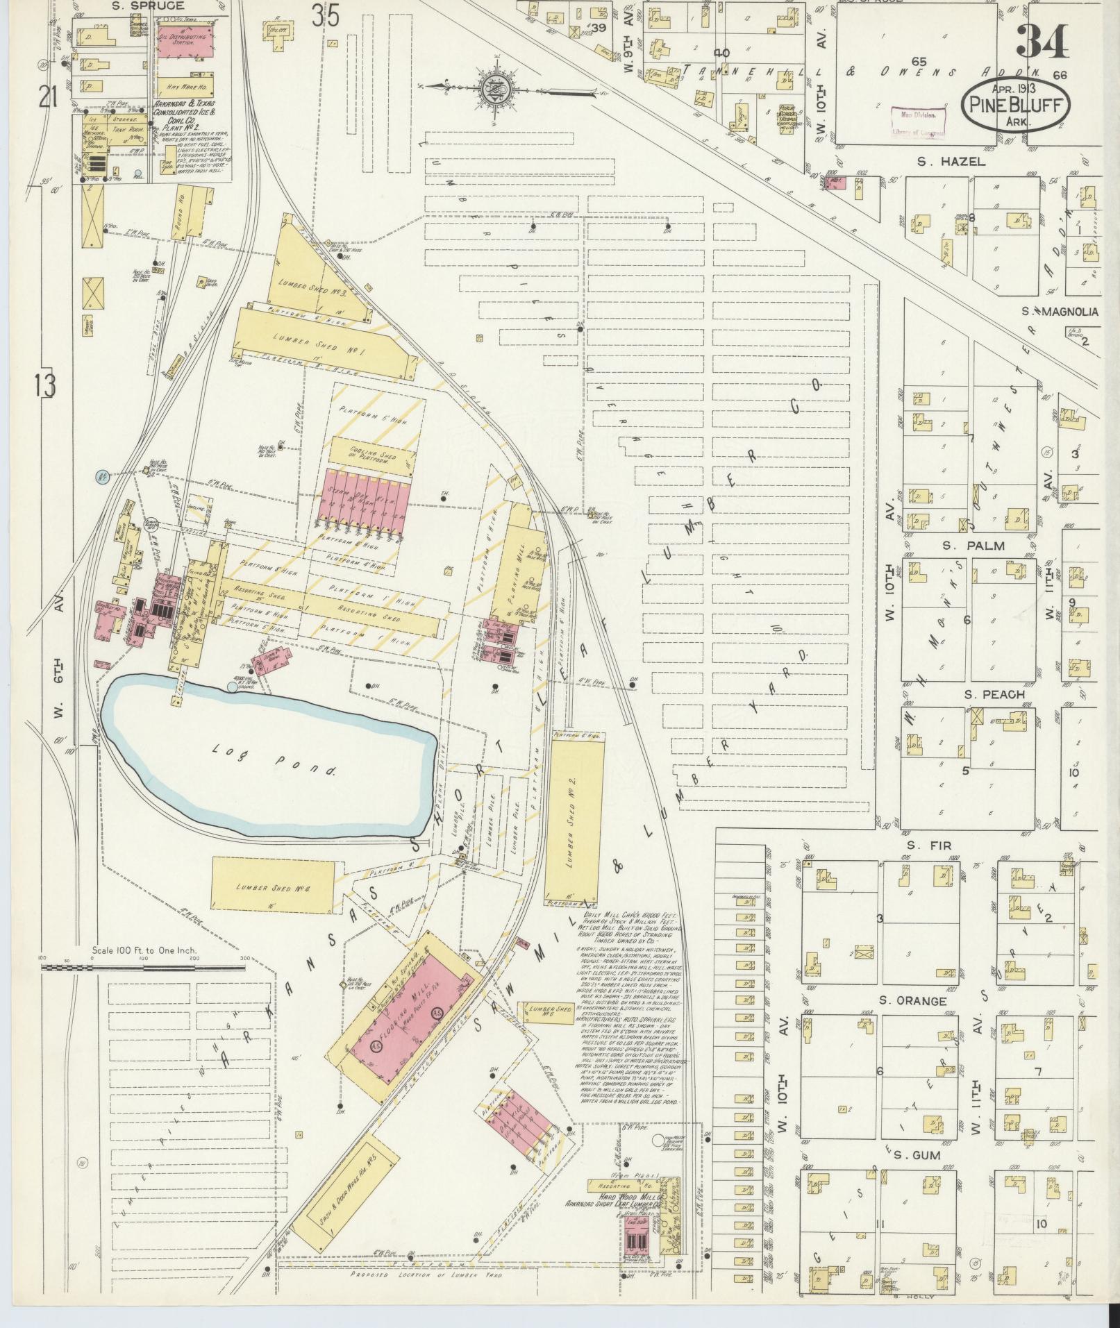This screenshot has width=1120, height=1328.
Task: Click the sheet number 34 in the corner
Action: click(x=1042, y=42)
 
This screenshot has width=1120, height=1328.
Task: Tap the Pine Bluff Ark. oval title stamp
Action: click(x=1015, y=105)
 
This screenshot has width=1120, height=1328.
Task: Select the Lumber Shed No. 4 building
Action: click(x=274, y=886)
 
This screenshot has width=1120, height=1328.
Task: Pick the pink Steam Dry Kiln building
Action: click(x=365, y=495)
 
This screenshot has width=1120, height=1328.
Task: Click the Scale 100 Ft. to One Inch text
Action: click(x=144, y=950)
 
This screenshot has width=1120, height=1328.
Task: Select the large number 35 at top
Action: click(x=326, y=15)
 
